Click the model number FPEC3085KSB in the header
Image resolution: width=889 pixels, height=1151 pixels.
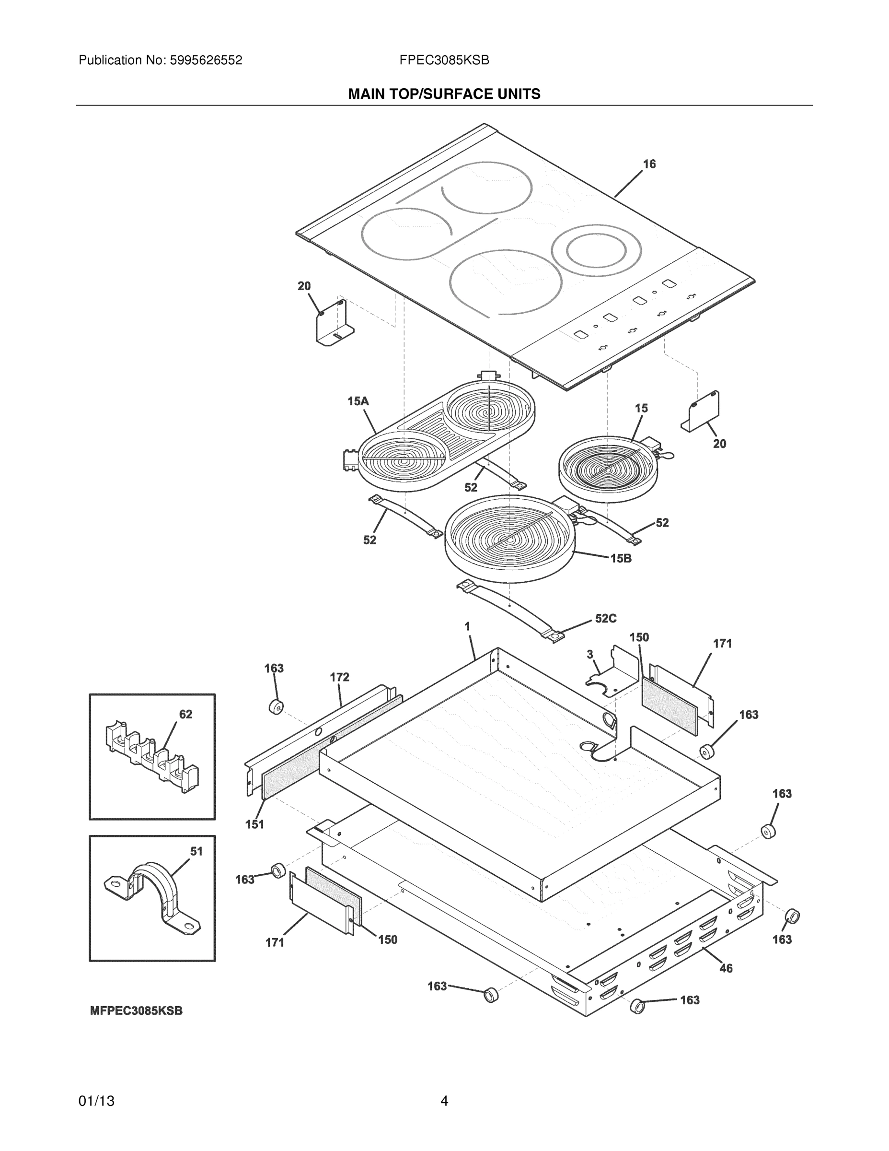pos(444,60)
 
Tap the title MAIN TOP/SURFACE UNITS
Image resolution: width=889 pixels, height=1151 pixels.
pos(444,94)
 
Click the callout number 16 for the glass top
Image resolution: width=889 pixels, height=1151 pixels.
pos(649,164)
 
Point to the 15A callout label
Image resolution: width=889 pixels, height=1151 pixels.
pos(358,401)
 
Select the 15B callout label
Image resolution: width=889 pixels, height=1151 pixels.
pos(621,559)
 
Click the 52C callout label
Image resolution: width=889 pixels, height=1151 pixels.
pos(606,619)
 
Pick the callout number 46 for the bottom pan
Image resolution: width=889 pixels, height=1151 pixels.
pos(726,968)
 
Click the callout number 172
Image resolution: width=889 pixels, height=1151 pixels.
pos(339,677)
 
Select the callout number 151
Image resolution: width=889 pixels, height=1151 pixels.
pos(254,824)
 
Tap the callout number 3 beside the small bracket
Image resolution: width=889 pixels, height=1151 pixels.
pos(590,654)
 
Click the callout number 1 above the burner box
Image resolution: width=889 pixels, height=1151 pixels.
pos(467,627)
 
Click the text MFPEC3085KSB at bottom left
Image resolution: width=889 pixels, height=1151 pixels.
pos(137,1011)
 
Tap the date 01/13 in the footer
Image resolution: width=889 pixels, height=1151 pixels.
pos(96,1102)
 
